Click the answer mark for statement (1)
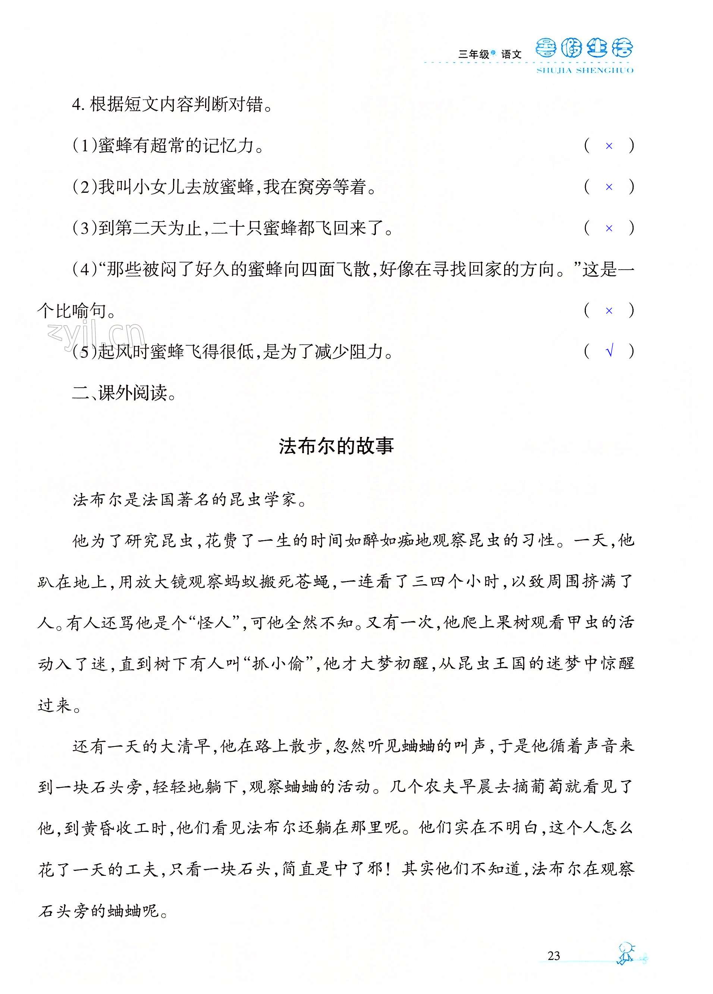[x=609, y=146]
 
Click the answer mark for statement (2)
[x=609, y=187]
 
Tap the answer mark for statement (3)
[x=609, y=228]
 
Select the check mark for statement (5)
[x=609, y=351]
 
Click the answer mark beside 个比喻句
[x=609, y=311]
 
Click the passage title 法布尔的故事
[x=336, y=446]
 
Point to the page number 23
[x=553, y=956]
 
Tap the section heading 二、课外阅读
[x=124, y=393]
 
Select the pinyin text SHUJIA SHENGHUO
[x=585, y=70]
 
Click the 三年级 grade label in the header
[x=473, y=54]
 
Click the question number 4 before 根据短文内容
[x=77, y=105]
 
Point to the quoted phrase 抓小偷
[x=278, y=664]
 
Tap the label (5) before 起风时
[x=84, y=352]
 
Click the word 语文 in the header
[x=511, y=54]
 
